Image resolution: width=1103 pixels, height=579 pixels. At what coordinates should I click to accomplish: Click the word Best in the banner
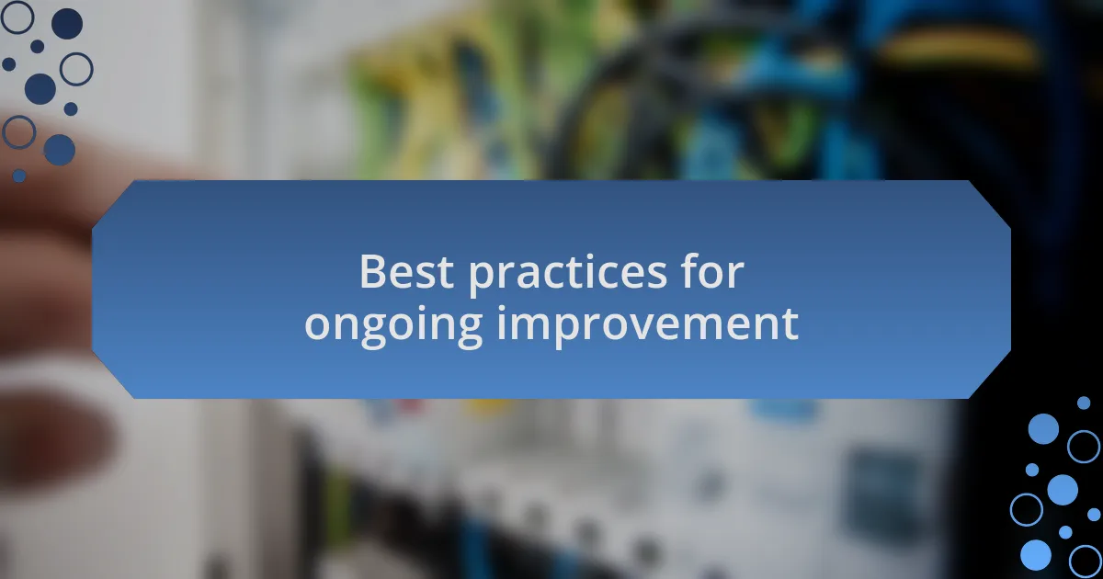pyautogui.click(x=406, y=271)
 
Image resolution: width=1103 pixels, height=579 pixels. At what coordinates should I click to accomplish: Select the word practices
pyautogui.click(x=567, y=275)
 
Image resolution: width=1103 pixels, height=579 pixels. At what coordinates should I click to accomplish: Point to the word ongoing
pyautogui.click(x=393, y=326)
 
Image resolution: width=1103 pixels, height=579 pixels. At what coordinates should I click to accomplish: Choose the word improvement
pyautogui.click(x=648, y=326)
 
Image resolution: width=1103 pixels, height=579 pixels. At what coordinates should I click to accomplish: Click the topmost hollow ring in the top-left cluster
pyautogui.click(x=17, y=17)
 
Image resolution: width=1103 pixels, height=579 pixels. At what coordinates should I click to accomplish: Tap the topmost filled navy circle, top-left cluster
pyautogui.click(x=67, y=24)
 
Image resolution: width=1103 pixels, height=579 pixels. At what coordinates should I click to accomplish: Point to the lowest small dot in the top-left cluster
pyautogui.click(x=18, y=176)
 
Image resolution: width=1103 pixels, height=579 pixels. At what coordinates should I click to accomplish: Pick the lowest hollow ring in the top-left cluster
pyautogui.click(x=18, y=132)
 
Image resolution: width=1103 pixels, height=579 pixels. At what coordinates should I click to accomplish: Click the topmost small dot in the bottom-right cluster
pyautogui.click(x=1084, y=403)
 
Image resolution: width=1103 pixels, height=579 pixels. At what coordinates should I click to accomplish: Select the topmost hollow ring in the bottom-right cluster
pyautogui.click(x=1084, y=447)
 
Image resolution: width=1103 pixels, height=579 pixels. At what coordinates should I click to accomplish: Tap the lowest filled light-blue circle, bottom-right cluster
pyautogui.click(x=1036, y=555)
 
